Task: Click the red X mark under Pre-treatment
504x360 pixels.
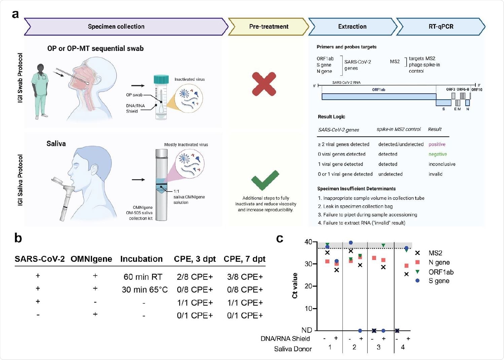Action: [x=264, y=84]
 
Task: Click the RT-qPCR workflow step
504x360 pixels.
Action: [x=441, y=27]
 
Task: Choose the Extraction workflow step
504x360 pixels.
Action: [x=352, y=27]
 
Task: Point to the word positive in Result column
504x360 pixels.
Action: [x=437, y=144]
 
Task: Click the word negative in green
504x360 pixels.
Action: [x=437, y=154]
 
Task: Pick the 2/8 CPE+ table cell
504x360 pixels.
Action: [x=195, y=277]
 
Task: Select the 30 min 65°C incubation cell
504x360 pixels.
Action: [x=145, y=290]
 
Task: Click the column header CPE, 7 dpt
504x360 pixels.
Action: [x=244, y=259]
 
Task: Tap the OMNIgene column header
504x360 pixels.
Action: [x=91, y=259]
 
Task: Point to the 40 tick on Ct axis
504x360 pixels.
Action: [x=308, y=242]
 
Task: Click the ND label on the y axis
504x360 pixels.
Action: [x=307, y=330]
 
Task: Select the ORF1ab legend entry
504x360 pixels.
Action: [x=441, y=272]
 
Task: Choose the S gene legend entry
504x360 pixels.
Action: [x=439, y=281]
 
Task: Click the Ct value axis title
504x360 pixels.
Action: [x=295, y=286]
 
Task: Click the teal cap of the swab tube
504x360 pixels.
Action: [x=161, y=79]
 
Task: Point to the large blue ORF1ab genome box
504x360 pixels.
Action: [x=379, y=97]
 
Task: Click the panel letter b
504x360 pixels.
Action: [x=18, y=238]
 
